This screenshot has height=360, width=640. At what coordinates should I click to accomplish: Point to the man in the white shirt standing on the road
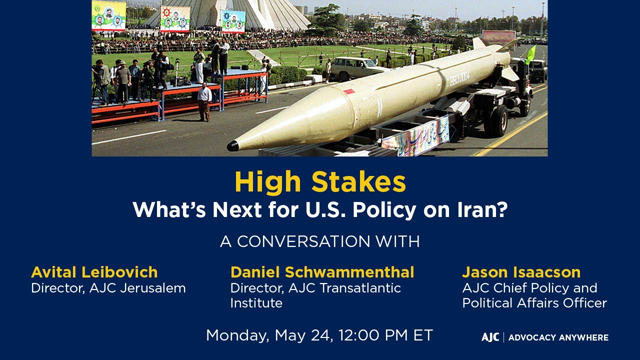tap(205, 99)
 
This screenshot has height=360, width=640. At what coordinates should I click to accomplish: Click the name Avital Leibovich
tap(94, 272)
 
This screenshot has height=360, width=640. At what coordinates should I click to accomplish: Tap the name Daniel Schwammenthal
tap(322, 272)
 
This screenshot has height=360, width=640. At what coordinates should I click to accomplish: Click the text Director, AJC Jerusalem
tap(108, 288)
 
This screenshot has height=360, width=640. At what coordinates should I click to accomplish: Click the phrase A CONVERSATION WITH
tap(320, 241)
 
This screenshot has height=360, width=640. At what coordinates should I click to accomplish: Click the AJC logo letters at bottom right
tap(490, 337)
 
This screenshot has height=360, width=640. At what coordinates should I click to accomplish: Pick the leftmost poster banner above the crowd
tap(109, 15)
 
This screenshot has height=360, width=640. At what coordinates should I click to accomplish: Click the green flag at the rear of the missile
tap(530, 54)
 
